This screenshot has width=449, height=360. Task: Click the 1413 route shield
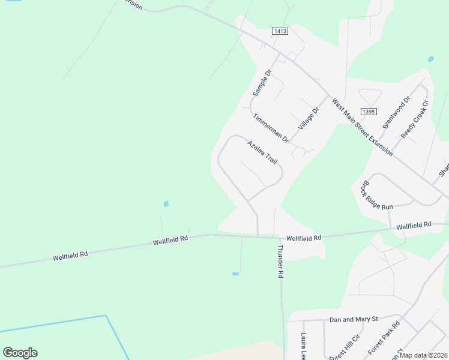280,31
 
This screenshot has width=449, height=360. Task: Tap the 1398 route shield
369,112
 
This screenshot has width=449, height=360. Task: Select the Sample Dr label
262,83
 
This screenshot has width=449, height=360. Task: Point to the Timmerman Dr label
271,128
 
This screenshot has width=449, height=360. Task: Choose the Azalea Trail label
262,152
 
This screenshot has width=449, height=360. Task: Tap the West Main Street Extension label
362,128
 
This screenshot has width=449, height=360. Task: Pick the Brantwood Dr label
396,112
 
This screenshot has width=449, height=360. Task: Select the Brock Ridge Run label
376,193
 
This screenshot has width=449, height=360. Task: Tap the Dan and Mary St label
353,320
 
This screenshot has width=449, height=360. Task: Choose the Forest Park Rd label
384,339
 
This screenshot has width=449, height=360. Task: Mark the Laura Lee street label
304,346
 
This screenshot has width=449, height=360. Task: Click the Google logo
20,353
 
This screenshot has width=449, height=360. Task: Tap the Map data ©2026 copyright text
424,355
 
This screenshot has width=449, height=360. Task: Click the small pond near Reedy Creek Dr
430,59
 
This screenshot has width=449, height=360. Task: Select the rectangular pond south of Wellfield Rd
235,274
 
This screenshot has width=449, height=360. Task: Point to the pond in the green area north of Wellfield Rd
166,204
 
